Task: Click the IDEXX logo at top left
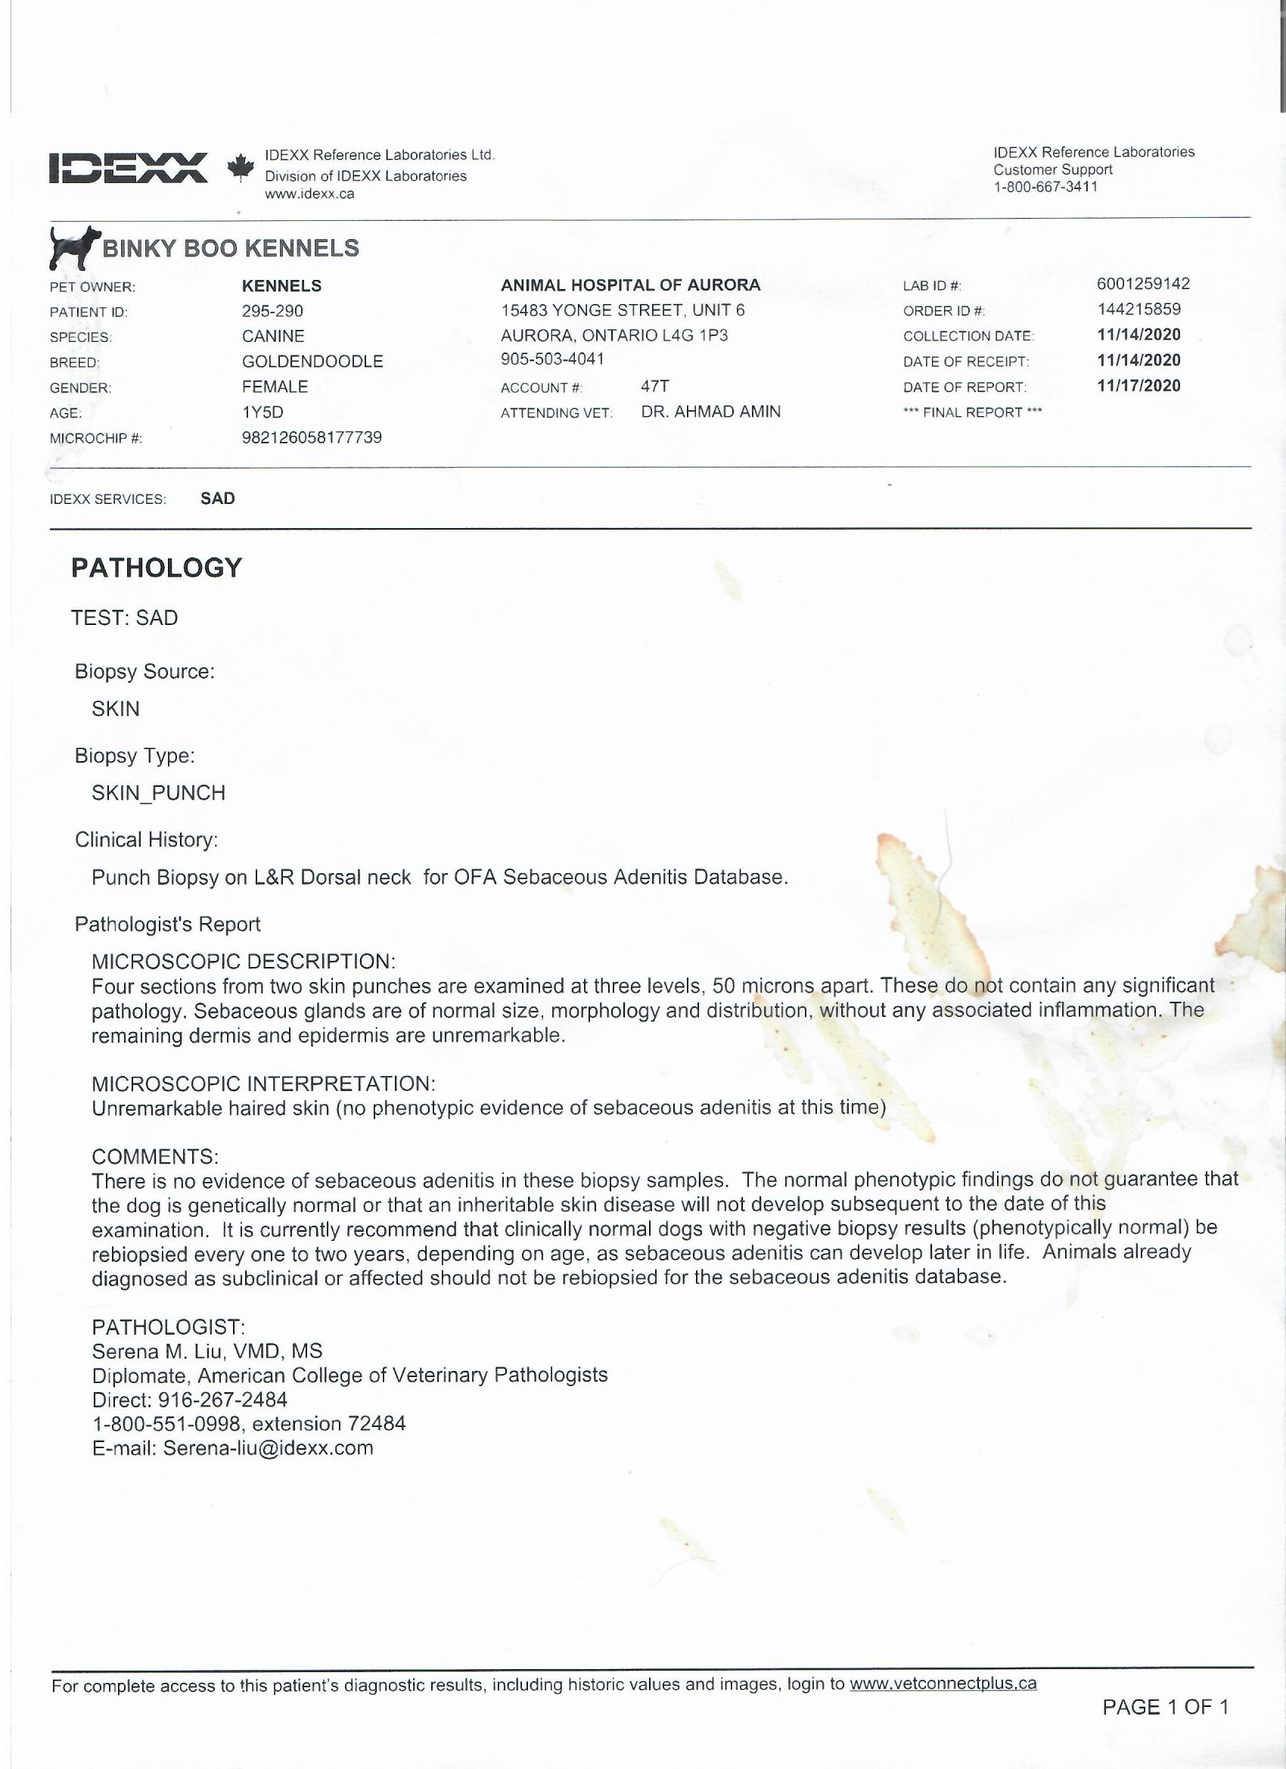[x=128, y=167]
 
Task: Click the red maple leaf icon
[x=241, y=166]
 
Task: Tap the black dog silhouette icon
[x=74, y=247]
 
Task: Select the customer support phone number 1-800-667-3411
[x=1045, y=186]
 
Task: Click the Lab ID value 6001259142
[x=1142, y=284]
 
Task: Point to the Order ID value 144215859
[x=1138, y=309]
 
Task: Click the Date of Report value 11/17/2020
[x=1138, y=385]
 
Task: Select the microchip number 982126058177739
[x=312, y=437]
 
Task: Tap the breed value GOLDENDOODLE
[x=312, y=361]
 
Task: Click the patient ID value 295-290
[x=272, y=310]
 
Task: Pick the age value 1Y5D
[x=262, y=412]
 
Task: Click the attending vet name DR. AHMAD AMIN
[x=710, y=411]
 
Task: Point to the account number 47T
[x=654, y=386]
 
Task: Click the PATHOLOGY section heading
[x=157, y=567]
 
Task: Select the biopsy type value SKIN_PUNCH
[x=158, y=792]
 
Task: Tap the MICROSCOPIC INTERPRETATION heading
[x=262, y=1083]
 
